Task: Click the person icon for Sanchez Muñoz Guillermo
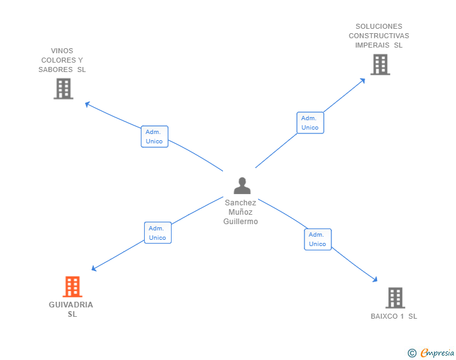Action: coord(242,185)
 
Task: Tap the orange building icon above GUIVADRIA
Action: coord(73,286)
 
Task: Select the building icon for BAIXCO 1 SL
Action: coord(395,298)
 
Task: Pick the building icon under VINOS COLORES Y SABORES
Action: coord(63,89)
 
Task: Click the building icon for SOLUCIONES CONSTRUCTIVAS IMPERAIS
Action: coord(380,64)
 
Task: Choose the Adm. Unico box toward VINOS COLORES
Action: coord(155,136)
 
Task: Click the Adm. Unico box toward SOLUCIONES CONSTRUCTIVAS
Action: coord(310,123)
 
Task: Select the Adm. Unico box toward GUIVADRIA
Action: coord(158,233)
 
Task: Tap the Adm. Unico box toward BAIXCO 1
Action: coord(318,239)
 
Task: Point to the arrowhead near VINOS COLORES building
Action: coord(87,104)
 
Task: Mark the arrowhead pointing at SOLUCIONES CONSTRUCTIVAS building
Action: coord(363,81)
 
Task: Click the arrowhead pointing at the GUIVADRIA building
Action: coord(94,269)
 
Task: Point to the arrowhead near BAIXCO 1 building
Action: coord(375,280)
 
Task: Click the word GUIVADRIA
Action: coord(71,305)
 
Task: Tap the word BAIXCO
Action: coord(384,316)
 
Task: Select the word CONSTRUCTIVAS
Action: coord(379,36)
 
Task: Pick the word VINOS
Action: coord(62,51)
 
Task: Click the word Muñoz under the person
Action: coord(241,212)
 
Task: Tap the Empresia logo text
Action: coord(437,353)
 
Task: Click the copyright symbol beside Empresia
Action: coord(412,353)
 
